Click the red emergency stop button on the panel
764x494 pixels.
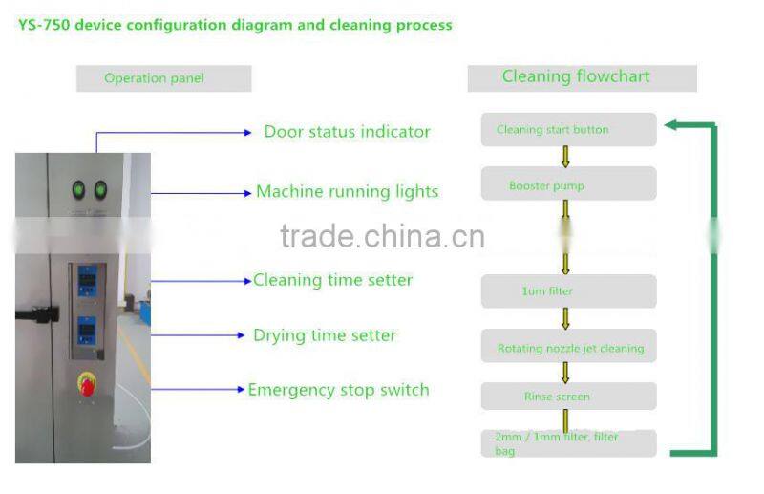87,385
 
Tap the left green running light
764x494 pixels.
78,189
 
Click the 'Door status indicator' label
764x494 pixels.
347,132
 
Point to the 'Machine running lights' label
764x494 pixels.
347,191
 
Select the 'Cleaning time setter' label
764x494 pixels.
332,280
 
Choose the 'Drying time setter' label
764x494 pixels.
325,335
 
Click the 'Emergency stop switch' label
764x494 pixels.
338,390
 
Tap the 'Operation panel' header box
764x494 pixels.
163,78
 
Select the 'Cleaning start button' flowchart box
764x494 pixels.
568,130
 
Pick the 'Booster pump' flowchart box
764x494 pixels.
568,184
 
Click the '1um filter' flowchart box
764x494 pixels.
568,291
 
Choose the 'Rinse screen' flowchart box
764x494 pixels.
568,397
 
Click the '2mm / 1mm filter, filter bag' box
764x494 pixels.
568,443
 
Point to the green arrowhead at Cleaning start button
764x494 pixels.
672,124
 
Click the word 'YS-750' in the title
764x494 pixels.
42,25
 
